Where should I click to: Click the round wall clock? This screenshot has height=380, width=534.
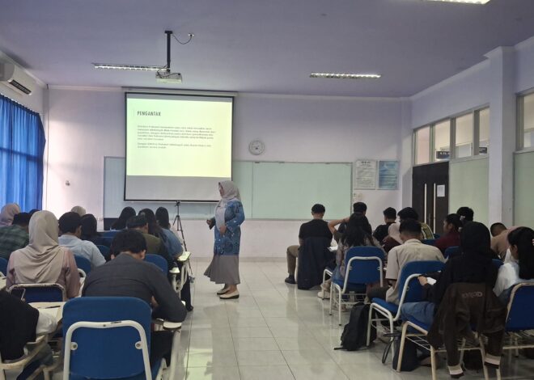point(256,147)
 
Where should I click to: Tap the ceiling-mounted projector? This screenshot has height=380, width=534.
point(169,78)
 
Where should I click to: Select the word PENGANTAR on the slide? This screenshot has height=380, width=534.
point(149,113)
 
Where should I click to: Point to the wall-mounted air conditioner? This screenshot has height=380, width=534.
point(15,78)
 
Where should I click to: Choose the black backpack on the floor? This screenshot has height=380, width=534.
point(356,328)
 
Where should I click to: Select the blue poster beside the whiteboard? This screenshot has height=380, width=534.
point(388,175)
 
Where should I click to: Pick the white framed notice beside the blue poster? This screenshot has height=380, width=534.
point(365,175)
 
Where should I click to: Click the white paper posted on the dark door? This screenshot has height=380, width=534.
point(440,191)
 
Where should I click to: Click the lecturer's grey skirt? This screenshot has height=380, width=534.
point(222,268)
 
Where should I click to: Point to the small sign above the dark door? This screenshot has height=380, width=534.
point(443,154)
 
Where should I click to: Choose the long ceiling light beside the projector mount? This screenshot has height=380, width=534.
point(128,67)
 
